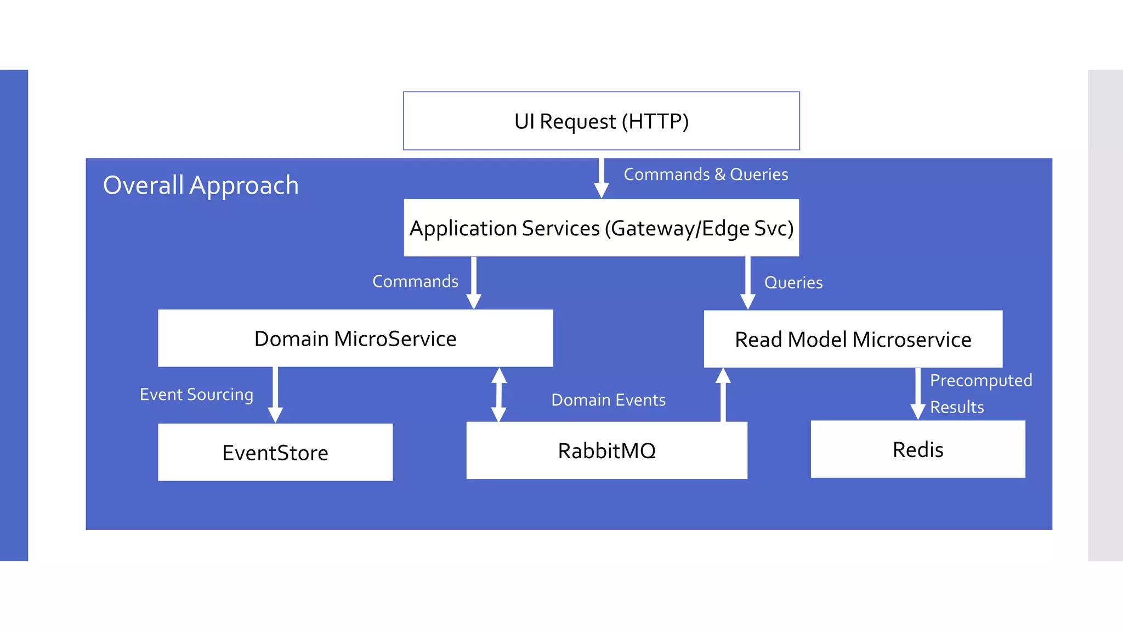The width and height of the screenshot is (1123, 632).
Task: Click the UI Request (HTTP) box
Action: pyautogui.click(x=601, y=121)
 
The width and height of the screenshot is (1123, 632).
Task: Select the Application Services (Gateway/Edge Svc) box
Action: pyautogui.click(x=601, y=228)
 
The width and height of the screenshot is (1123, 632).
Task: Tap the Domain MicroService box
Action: pyautogui.click(x=355, y=338)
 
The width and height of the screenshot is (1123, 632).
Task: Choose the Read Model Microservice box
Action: pyautogui.click(x=853, y=340)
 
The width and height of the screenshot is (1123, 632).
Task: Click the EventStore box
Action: pyautogui.click(x=275, y=453)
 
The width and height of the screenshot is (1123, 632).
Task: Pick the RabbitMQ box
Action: pyautogui.click(x=606, y=450)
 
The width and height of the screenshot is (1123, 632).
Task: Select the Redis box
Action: pyautogui.click(x=917, y=449)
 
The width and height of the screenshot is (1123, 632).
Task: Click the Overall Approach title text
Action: pyautogui.click(x=201, y=185)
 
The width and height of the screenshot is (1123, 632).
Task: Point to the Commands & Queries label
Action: pyautogui.click(x=706, y=174)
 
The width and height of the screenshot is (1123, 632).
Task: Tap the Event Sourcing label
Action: pyautogui.click(x=196, y=394)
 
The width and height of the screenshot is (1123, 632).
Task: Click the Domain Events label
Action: pyautogui.click(x=608, y=400)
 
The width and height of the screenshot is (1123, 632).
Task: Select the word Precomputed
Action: pyautogui.click(x=980, y=380)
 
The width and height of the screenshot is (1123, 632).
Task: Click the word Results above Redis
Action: pyautogui.click(x=956, y=407)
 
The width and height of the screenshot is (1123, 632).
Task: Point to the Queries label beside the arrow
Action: pyautogui.click(x=793, y=283)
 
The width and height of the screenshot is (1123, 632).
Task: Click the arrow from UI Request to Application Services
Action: pyautogui.click(x=601, y=178)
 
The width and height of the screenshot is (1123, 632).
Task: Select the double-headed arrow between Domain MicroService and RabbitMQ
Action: pyautogui.click(x=498, y=394)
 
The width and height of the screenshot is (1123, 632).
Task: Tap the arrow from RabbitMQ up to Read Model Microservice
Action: pyautogui.click(x=723, y=395)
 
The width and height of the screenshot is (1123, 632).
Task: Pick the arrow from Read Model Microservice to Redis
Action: pyautogui.click(x=917, y=393)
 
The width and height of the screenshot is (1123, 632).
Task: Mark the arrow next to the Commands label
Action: pyautogui.click(x=474, y=282)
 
